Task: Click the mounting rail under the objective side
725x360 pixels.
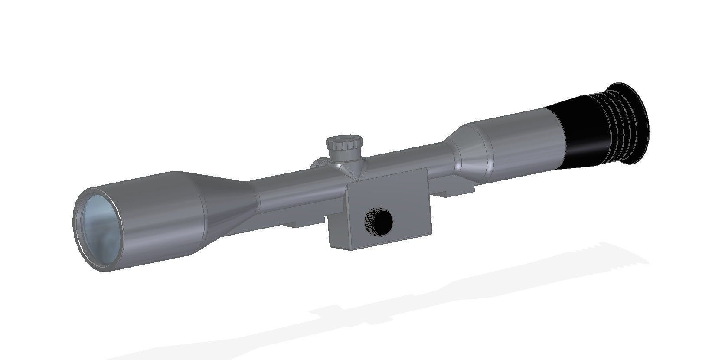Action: pyautogui.click(x=299, y=223)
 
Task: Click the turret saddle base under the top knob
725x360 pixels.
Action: pyautogui.click(x=347, y=167)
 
